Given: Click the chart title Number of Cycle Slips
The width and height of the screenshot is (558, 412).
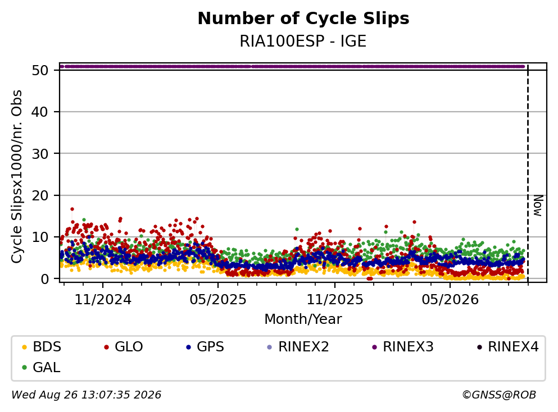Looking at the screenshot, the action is pos(303,19).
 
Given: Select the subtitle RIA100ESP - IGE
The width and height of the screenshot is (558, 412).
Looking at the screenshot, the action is pos(303,41).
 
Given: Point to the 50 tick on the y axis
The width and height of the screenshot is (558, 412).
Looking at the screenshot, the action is pos(40,70).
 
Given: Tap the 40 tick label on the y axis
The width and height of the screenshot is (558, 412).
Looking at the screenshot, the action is pos(40,112).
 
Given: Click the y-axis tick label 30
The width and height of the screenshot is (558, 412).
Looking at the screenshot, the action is pos(40,154).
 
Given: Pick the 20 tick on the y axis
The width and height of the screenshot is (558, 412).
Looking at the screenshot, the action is pos(40,195).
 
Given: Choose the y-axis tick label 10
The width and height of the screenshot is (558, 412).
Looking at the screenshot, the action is pos(40,237).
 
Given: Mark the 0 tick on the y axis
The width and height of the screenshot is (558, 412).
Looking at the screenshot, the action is pos(44,279).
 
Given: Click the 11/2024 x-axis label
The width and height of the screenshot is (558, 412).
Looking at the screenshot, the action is pos(103,299).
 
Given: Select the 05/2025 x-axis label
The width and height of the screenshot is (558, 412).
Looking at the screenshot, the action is pos(218,299).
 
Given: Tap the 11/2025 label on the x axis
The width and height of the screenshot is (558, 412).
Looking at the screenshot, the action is pos(335,299).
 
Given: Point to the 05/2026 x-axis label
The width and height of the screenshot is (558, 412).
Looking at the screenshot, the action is pos(450,299).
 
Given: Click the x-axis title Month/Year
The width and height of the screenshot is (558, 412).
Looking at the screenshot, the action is pos(303,319).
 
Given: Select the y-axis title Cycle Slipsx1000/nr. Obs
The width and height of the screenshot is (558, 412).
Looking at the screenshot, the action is pos(16,176).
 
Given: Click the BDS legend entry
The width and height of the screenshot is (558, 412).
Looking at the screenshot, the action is pos(41,346).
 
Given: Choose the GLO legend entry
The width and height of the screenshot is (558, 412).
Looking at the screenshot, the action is pos(123,346).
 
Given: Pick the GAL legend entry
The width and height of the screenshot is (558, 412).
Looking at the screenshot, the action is pos(41,367).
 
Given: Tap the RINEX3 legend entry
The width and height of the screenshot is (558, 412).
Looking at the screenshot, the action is pos(402,346).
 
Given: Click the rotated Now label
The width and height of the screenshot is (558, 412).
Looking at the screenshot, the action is pos(538,205).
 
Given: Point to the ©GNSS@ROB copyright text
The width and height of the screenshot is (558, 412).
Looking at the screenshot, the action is pos(499,395).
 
